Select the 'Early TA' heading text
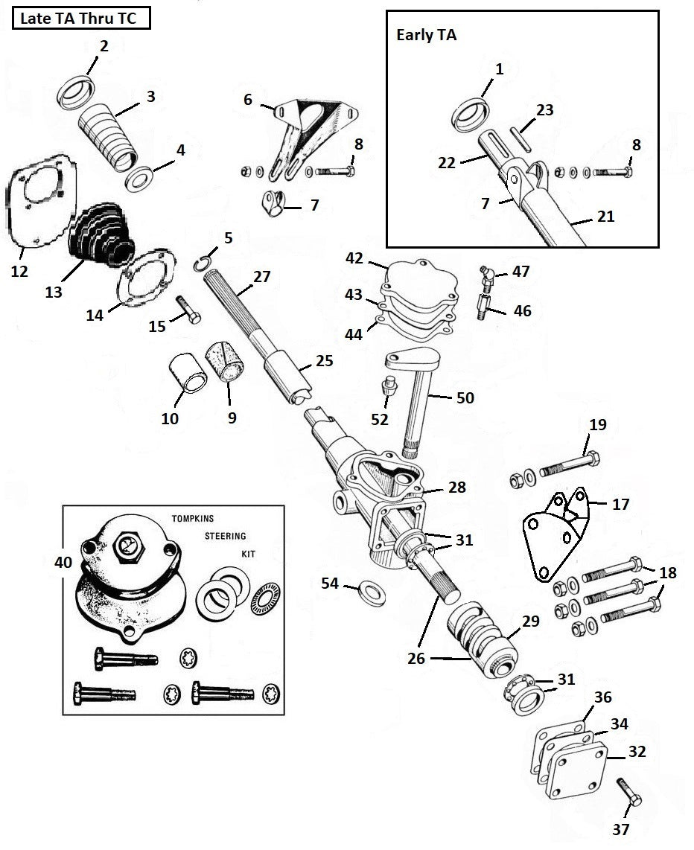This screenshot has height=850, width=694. click(x=426, y=35)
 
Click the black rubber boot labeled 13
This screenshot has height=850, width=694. click(x=101, y=234)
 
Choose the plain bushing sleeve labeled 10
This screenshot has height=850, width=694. click(x=186, y=372)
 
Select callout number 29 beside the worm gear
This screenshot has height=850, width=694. click(x=531, y=621)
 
